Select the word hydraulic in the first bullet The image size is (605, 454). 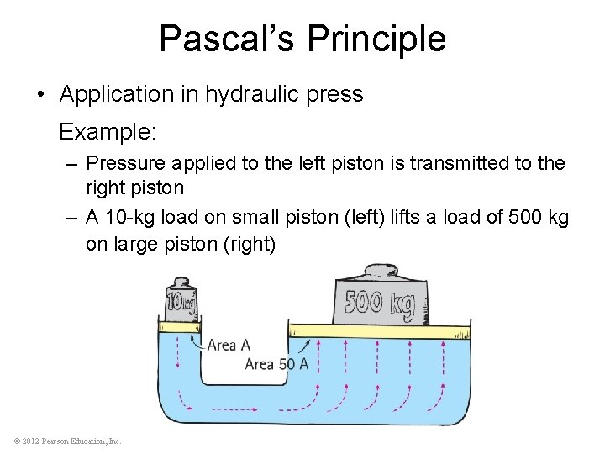click(x=256, y=94)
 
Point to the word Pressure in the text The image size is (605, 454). click(x=125, y=162)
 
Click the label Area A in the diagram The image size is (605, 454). click(x=228, y=345)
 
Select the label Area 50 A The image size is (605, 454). click(x=276, y=364)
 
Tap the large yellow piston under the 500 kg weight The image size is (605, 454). click(x=377, y=329)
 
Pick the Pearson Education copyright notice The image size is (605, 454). click(x=67, y=441)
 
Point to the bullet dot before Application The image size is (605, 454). click(x=41, y=94)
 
